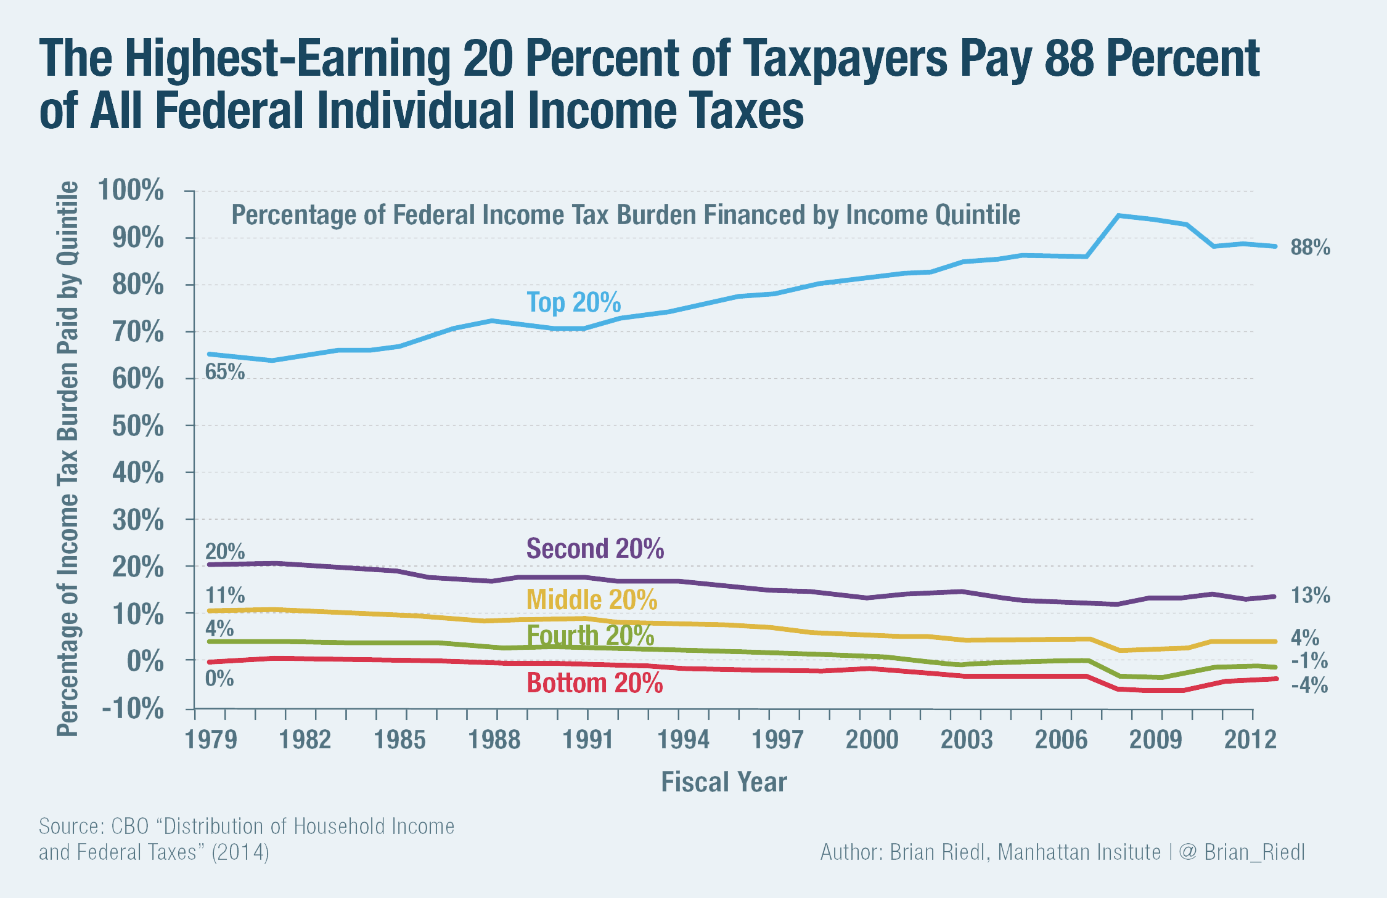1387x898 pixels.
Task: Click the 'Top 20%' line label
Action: [x=573, y=303]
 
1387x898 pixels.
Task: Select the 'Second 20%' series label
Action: [x=595, y=548]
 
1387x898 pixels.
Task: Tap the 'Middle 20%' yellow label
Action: [x=592, y=600]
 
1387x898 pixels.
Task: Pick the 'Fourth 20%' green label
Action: [x=590, y=636]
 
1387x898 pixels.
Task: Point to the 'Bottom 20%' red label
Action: [x=595, y=683]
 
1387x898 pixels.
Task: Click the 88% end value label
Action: [x=1310, y=248]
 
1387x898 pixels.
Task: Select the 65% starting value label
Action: [x=225, y=372]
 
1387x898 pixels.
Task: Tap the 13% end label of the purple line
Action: [x=1310, y=596]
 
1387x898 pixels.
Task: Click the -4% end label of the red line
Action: [x=1309, y=686]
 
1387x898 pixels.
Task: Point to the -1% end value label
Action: [x=1309, y=661]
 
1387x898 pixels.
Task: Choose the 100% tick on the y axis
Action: [x=131, y=190]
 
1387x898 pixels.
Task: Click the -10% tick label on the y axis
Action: [x=133, y=709]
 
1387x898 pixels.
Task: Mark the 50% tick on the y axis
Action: [x=138, y=426]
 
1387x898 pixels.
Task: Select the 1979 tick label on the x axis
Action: [x=211, y=739]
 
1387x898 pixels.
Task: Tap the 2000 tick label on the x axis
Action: [x=872, y=739]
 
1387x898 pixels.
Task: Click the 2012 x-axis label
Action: [x=1250, y=739]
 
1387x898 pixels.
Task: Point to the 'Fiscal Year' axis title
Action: [x=724, y=782]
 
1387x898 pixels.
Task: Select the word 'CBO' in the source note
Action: [x=130, y=826]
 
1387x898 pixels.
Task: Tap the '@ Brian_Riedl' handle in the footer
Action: [x=1242, y=852]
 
